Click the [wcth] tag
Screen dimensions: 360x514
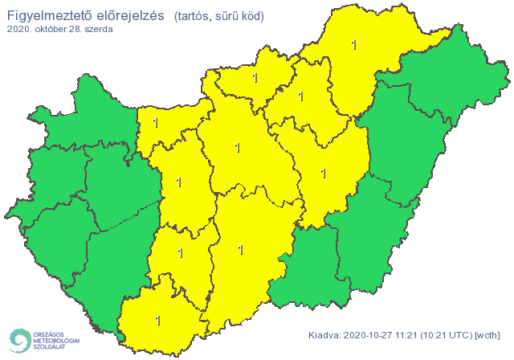pos(487,335)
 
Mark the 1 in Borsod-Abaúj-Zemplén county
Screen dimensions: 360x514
pos(354,45)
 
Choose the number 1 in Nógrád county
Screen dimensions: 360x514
pos(255,79)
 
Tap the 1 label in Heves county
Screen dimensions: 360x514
pos(301,96)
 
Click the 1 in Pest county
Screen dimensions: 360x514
pos(236,148)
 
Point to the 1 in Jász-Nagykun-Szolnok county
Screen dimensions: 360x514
pos(324,173)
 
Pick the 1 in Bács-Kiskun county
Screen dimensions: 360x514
pos(241,250)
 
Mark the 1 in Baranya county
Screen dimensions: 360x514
pos(157,320)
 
